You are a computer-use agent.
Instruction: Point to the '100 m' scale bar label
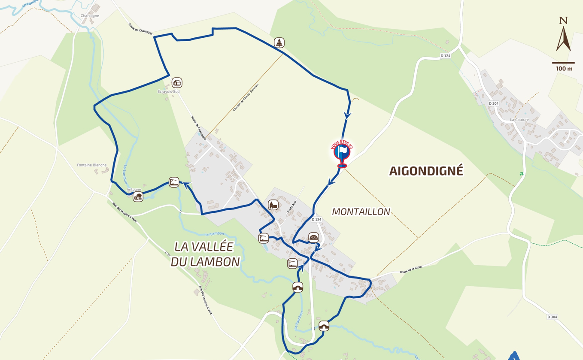coord(564,69)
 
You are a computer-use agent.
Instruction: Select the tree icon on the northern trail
coord(279,43)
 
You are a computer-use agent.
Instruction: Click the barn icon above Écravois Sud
coord(177,82)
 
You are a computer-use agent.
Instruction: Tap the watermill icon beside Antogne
coord(138,197)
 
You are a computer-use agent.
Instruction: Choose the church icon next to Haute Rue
coord(273,205)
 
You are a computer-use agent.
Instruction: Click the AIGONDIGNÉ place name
coord(426,171)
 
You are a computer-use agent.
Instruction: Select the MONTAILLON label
coord(361,212)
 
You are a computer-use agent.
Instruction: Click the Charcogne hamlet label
coord(90,16)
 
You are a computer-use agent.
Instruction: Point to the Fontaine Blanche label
coord(92,165)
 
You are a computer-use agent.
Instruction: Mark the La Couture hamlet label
coord(519,120)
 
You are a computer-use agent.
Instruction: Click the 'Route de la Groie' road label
coord(411,269)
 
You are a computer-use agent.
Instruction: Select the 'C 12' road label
coord(168,254)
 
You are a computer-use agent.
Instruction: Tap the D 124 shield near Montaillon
coord(316,219)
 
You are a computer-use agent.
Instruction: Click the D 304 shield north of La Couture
coord(493,103)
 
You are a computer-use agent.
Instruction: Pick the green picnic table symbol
coord(522,174)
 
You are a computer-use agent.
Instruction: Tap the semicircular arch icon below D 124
coord(314,238)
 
